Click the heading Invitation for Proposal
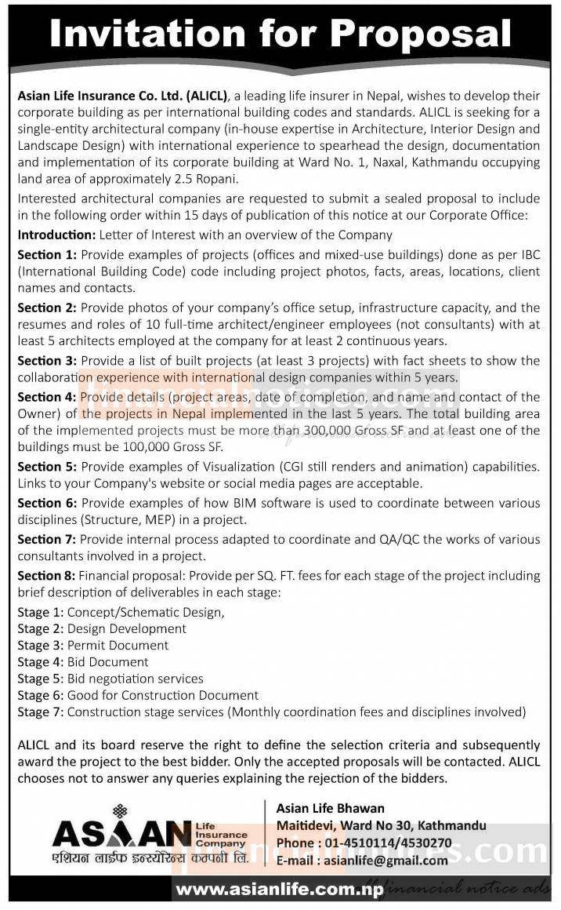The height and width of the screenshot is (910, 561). pyautogui.click(x=280, y=35)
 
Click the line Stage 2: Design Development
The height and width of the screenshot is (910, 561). pyautogui.click(x=102, y=628)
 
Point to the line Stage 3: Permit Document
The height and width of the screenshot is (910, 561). pyautogui.click(x=93, y=645)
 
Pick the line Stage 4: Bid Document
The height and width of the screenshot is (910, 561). pyautogui.click(x=83, y=662)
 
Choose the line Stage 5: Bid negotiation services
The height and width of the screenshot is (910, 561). pyautogui.click(x=110, y=679)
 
